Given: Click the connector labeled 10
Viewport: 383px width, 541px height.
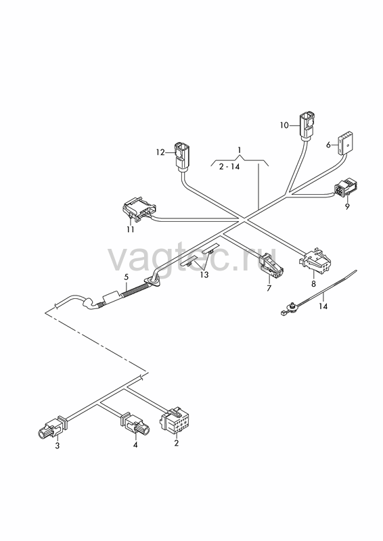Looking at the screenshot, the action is coord(307,126).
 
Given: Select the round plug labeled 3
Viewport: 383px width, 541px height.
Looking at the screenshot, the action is coord(52,427).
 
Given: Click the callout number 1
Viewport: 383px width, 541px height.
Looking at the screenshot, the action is coord(240,149).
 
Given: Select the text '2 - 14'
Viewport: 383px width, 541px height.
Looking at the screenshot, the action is coord(229,166).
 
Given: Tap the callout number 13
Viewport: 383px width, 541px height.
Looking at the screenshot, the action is coord(204,275).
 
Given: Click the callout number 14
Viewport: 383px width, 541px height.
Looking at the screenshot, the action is coord(323,306).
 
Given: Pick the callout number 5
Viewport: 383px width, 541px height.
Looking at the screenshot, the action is coord(127,277).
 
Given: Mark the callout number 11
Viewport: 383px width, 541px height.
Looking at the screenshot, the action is coord(130,229).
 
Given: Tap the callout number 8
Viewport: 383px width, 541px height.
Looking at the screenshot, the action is coord(313,284).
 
